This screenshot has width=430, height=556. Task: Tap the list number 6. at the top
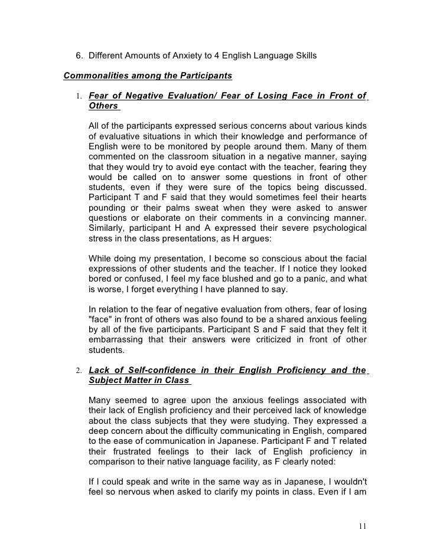point(79,56)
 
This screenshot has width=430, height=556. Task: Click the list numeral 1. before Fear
point(79,96)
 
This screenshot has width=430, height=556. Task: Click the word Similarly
point(107,229)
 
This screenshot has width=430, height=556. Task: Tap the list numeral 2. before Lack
point(79,371)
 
